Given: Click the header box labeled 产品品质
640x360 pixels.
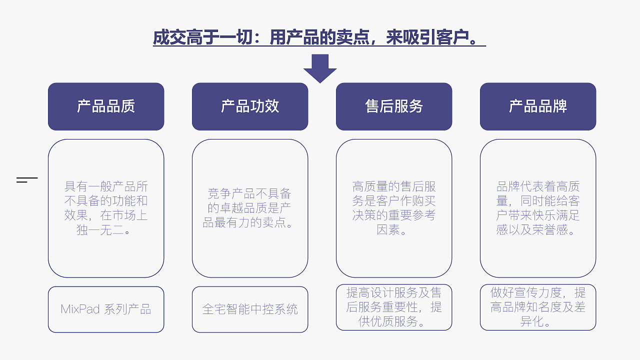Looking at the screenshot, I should pos(106,106).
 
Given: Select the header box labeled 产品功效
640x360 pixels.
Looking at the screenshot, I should pos(250,106).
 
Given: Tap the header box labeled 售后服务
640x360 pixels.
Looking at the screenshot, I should pos(394,106).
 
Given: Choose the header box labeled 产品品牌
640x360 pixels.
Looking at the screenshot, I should pos(538,106).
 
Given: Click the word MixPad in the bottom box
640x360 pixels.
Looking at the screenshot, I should pos(80,309).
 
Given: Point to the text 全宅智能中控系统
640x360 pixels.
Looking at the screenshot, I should pos(250,309).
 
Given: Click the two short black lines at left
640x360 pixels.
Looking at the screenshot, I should pos(26,180).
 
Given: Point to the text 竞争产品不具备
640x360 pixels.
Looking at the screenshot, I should pos(249,194).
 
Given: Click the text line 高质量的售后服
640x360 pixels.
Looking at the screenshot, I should pos(394,187).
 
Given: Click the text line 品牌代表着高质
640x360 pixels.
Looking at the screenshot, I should pos(538,187).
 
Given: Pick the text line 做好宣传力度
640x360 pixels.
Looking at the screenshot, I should pos(527,292).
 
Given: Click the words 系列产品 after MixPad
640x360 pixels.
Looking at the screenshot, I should pos(127,309).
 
